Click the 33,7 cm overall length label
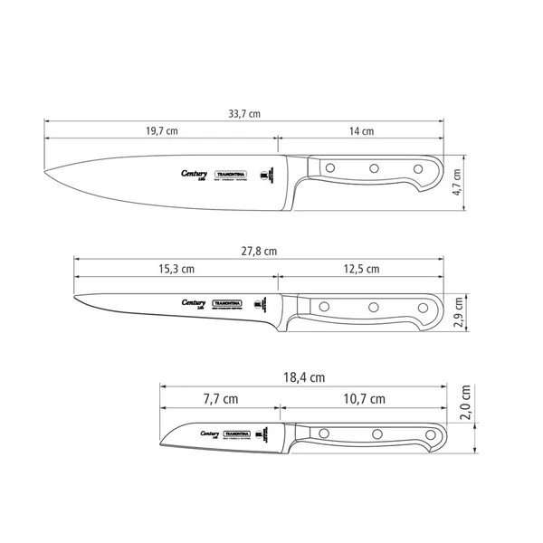coord(242,114)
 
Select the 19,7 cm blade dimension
coord(160,131)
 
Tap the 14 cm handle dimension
coord(361,131)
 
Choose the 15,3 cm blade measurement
coord(176,269)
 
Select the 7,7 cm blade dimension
coord(220,398)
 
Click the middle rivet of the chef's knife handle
coord(372,168)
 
